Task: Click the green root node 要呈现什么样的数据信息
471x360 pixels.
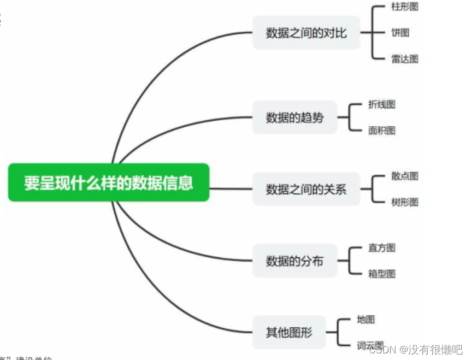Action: [x=109, y=182]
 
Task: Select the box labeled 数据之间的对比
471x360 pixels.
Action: [x=306, y=33]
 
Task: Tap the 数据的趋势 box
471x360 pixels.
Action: [x=295, y=117]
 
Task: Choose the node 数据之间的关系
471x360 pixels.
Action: [x=306, y=190]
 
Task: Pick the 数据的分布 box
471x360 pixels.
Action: [x=295, y=261]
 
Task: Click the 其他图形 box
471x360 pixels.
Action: [x=289, y=332]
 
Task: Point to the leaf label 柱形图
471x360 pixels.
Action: [x=405, y=7]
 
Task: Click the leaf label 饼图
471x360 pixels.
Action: [x=401, y=33]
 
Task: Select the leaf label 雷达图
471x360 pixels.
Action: [x=405, y=59]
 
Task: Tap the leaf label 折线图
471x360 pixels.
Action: [x=382, y=104]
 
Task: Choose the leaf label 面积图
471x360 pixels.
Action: [x=382, y=130]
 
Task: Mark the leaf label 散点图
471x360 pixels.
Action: [x=405, y=176]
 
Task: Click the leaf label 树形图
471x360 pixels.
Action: [x=405, y=202]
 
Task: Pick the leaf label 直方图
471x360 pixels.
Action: [x=382, y=248]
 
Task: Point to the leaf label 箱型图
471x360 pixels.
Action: [x=382, y=274]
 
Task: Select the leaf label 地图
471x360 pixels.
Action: [x=366, y=320]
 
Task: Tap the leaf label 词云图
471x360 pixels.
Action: [x=370, y=345]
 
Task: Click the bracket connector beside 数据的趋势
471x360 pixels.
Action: [x=348, y=117]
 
